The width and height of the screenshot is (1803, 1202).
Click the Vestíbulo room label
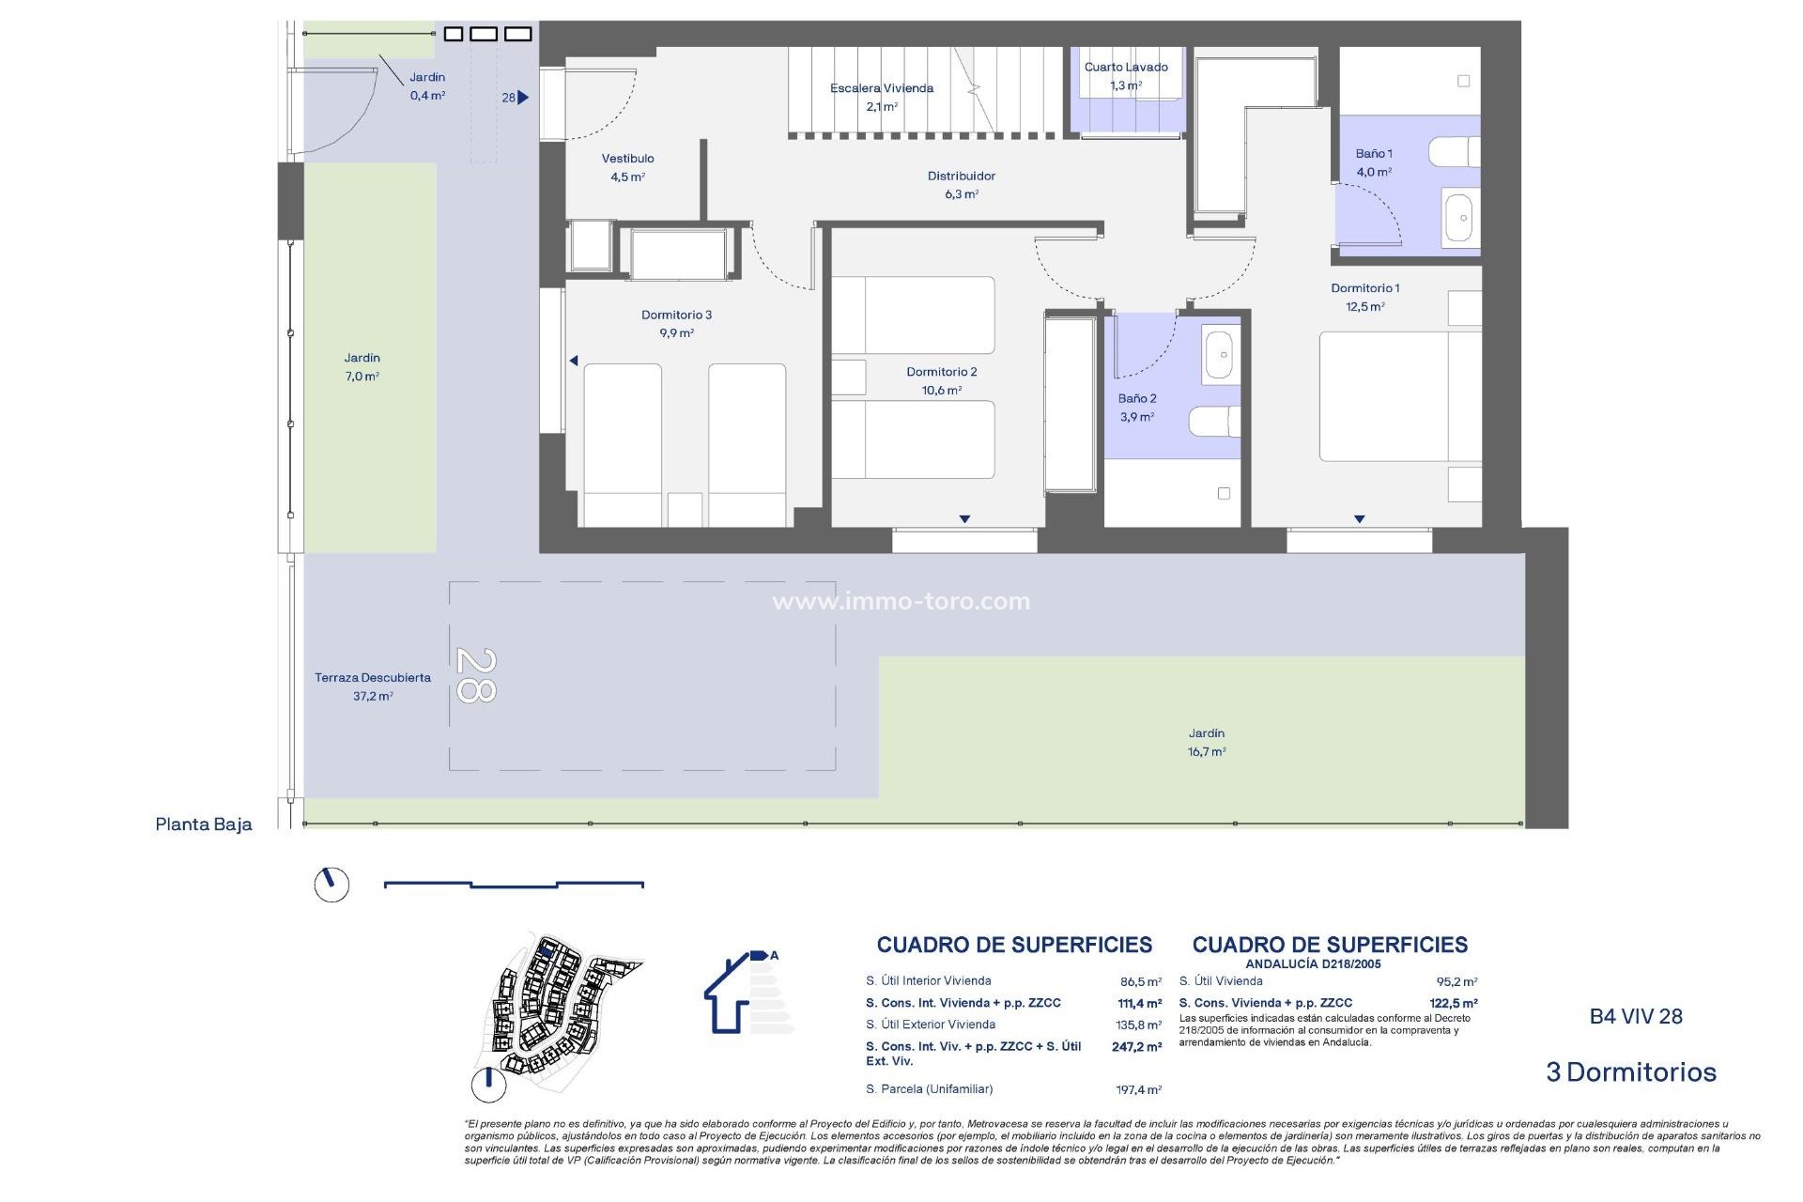tap(627, 167)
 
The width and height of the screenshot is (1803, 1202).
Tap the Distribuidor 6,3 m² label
tap(961, 184)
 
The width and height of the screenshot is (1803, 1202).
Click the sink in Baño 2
tap(1219, 354)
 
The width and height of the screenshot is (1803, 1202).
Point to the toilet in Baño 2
tap(1214, 422)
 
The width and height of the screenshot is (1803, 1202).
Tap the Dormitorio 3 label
tap(676, 323)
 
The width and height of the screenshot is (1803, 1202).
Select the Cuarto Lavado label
tap(1126, 75)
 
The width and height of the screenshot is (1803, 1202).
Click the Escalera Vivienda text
tap(882, 88)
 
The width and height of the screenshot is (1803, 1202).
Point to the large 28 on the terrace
tap(476, 675)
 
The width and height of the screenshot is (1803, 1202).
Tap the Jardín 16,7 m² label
tap(1206, 742)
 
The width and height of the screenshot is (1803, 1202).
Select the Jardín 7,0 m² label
tap(362, 366)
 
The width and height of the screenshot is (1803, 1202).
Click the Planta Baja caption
tap(204, 824)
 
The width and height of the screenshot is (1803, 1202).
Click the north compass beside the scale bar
tap(331, 884)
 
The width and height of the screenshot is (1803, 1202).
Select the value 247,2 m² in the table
tap(1136, 1046)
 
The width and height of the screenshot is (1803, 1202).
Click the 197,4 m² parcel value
tap(1138, 1089)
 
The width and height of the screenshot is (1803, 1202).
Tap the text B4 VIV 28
tap(1635, 1016)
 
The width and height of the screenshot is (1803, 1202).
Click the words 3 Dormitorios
tap(1630, 1071)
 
